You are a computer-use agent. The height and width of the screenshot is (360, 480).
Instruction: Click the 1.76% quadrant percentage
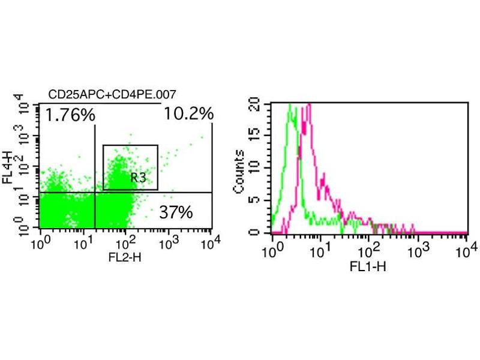pos(70,115)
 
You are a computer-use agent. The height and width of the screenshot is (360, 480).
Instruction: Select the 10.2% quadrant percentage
pos(186,114)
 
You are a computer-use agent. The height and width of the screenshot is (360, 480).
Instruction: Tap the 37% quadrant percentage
pos(176,212)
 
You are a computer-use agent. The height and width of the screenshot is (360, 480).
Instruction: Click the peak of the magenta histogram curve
pos(309,105)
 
